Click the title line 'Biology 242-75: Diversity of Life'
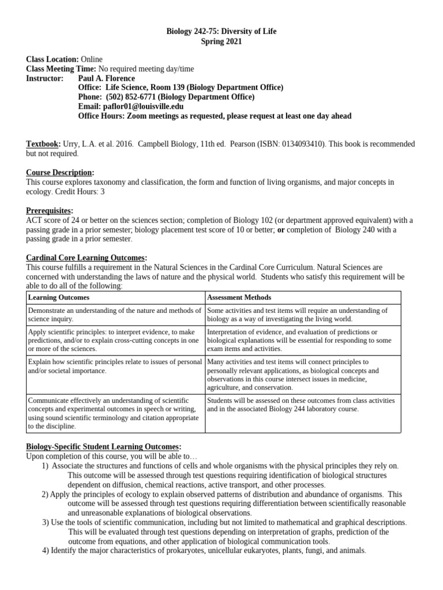pyautogui.click(x=221, y=32)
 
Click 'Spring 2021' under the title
pyautogui.click(x=221, y=41)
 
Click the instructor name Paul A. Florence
pyautogui.click(x=106, y=78)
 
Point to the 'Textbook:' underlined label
pyautogui.click(x=43, y=143)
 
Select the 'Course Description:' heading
pyautogui.click(x=60, y=172)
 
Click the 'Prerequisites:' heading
pyautogui.click(x=50, y=210)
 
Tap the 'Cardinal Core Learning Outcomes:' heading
pyautogui.click(x=87, y=258)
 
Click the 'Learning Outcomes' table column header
pyautogui.click(x=59, y=297)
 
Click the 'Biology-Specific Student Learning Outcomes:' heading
pyautogui.click(x=104, y=447)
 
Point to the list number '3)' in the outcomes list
pyautogui.click(x=46, y=523)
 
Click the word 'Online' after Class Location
pyautogui.click(x=92, y=59)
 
